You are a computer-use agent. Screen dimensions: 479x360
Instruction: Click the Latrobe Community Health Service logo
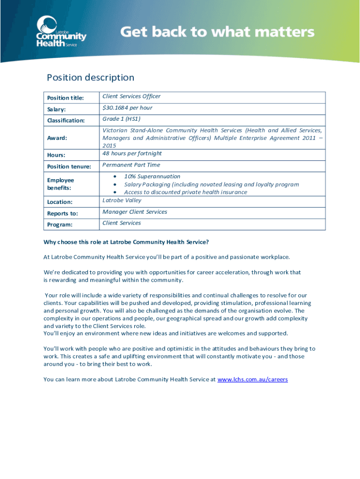[x=61, y=32]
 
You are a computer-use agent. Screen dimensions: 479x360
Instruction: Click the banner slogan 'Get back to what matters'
[x=217, y=32]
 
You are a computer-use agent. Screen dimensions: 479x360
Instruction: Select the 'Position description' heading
[x=90, y=78]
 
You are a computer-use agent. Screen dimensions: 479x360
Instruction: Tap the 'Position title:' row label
[x=65, y=98]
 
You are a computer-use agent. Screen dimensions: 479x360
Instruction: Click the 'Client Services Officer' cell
[x=131, y=96]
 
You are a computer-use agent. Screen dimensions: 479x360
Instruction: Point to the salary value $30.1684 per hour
[x=127, y=108]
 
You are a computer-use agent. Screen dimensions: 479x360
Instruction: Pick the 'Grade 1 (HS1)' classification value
[x=121, y=119]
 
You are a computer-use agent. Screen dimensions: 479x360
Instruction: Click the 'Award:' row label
[x=57, y=138]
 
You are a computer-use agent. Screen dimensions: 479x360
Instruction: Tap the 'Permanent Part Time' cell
[x=131, y=165]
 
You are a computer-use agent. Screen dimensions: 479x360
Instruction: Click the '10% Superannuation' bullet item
[x=152, y=176]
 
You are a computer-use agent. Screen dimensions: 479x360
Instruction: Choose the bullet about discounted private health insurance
[x=185, y=192]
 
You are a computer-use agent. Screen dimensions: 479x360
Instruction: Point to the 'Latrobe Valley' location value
[x=122, y=200]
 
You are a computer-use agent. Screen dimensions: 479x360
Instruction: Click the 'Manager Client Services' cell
[x=135, y=212]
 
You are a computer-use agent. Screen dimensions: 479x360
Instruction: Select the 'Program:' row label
[x=59, y=225]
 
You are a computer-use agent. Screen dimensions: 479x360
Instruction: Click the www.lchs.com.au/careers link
[x=252, y=379]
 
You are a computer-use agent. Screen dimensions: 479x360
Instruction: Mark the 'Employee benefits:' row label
[x=60, y=183]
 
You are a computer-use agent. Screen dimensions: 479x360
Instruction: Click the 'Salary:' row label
[x=56, y=109]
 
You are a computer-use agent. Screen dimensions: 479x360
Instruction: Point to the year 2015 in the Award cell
[x=109, y=145]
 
